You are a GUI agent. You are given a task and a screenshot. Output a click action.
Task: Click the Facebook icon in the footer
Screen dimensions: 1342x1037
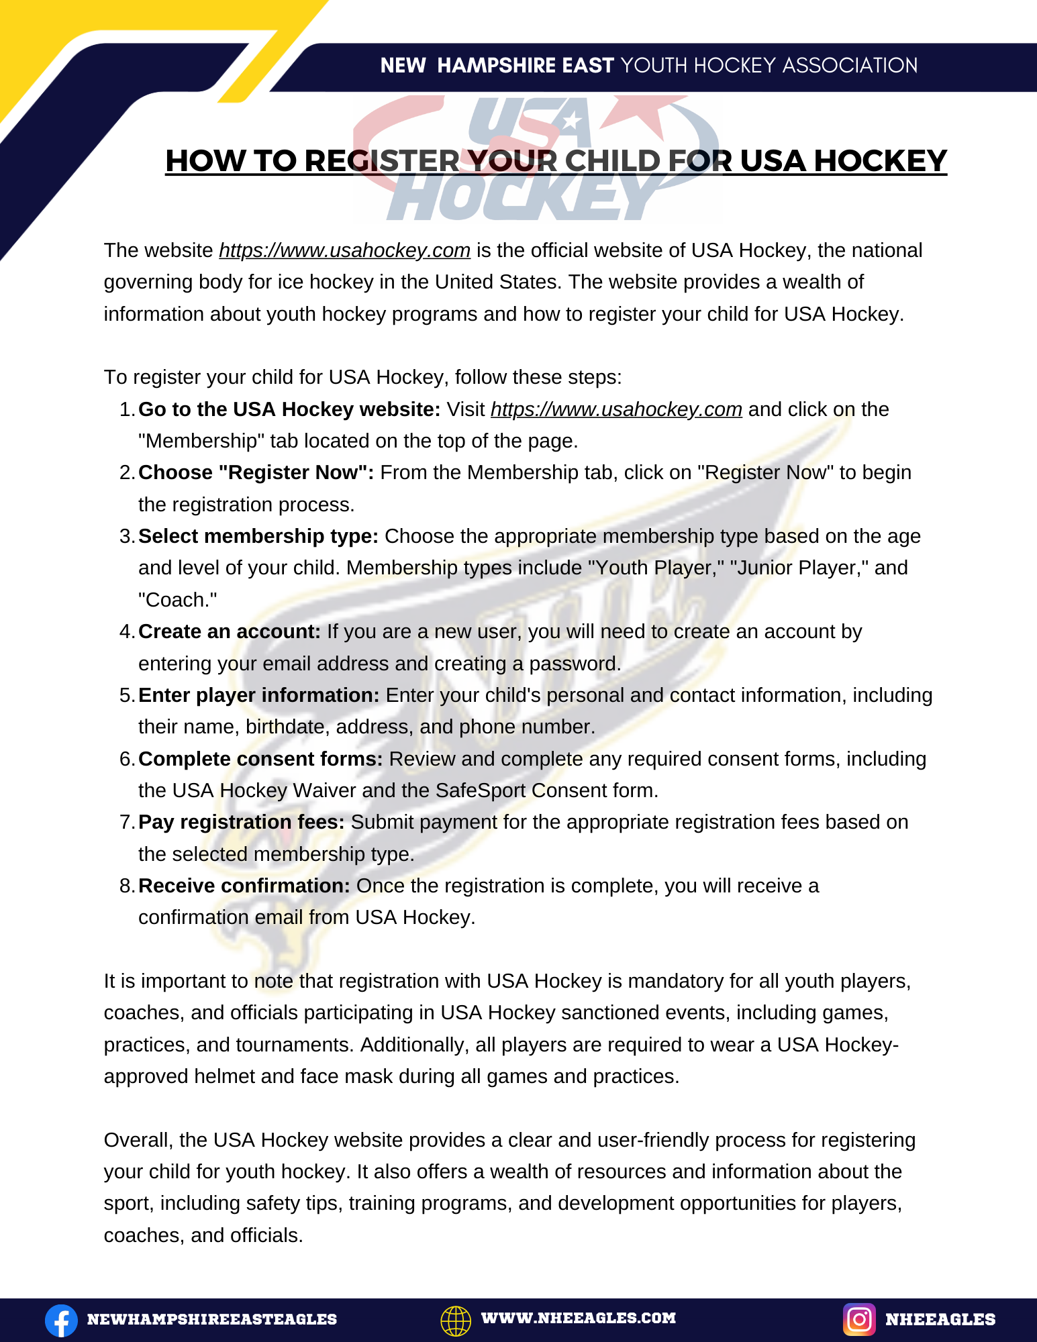pyautogui.click(x=61, y=1320)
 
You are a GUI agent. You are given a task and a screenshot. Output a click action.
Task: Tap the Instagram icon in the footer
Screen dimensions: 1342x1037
pyautogui.click(x=859, y=1319)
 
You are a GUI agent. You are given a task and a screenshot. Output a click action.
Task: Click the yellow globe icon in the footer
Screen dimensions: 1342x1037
pyautogui.click(x=456, y=1320)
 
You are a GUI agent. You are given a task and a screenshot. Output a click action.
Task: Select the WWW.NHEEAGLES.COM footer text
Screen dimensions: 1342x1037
pyautogui.click(x=578, y=1318)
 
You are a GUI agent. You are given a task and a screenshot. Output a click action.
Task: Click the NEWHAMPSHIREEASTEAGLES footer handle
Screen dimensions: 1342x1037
pyautogui.click(x=212, y=1319)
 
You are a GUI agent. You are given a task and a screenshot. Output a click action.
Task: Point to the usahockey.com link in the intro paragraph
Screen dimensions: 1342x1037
pyautogui.click(x=344, y=250)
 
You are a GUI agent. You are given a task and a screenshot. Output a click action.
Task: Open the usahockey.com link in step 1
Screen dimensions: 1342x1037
pyautogui.click(x=616, y=409)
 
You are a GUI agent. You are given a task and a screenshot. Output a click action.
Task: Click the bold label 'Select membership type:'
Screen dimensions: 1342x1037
pyautogui.click(x=258, y=536)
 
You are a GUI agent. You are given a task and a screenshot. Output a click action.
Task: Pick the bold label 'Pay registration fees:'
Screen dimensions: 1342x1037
pyautogui.click(x=242, y=822)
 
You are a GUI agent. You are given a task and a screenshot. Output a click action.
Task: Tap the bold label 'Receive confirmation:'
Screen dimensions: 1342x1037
pyautogui.click(x=244, y=886)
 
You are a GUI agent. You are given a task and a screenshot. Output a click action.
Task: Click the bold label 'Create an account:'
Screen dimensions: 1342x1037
pyautogui.click(x=230, y=631)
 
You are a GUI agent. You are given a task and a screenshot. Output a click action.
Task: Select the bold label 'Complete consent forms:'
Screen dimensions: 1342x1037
pyautogui.click(x=260, y=759)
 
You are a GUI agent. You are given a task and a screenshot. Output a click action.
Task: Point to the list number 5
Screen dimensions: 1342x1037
pyautogui.click(x=126, y=695)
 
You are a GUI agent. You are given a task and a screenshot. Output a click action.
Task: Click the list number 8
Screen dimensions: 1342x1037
pyautogui.click(x=126, y=886)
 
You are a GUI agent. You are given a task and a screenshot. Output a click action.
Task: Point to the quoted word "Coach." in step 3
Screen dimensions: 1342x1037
pyautogui.click(x=178, y=600)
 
